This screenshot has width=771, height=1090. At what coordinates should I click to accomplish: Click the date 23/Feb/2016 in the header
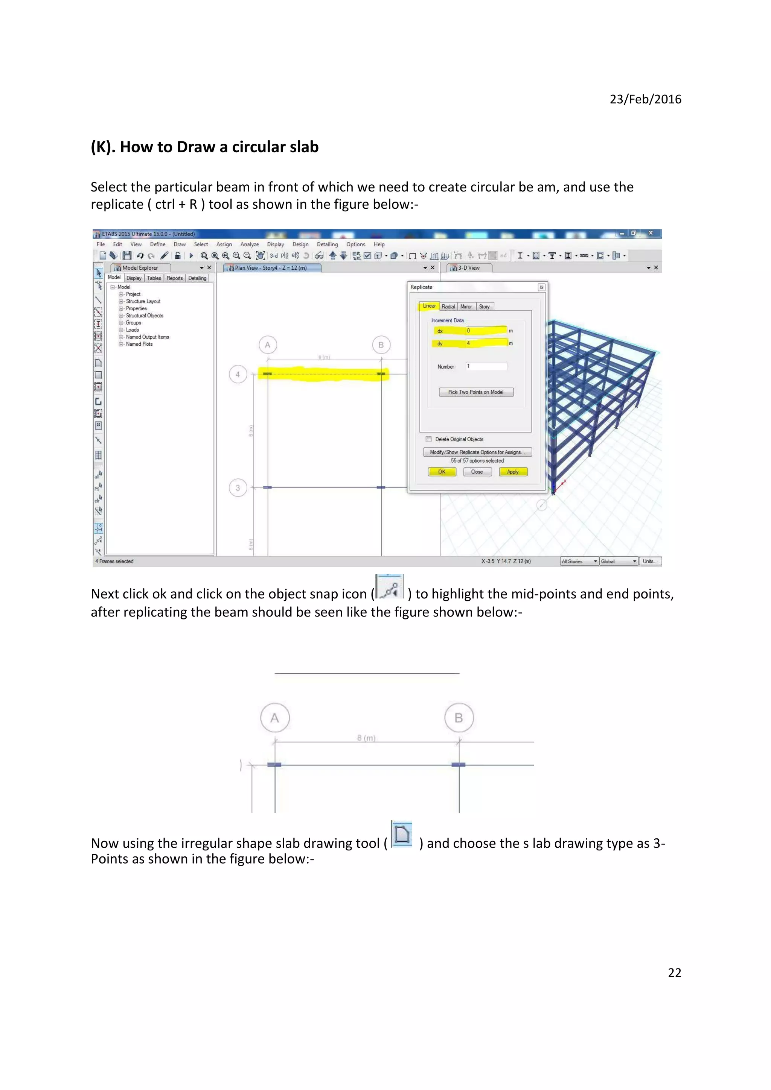(645, 99)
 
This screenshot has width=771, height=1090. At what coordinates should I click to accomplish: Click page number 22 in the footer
(674, 973)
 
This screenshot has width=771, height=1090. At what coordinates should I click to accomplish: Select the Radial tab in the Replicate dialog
(448, 307)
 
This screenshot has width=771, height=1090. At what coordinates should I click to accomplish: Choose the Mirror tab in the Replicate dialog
(466, 307)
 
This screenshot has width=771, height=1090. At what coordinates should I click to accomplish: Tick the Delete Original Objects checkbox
(428, 439)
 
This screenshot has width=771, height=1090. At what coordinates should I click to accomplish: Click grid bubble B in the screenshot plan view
(381, 345)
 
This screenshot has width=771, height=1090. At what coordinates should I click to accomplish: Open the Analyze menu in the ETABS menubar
(249, 244)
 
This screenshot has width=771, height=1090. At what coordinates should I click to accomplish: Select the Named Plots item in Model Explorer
(139, 344)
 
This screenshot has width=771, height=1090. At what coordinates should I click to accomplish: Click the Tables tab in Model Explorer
(154, 278)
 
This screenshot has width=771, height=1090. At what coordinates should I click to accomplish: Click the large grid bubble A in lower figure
(274, 718)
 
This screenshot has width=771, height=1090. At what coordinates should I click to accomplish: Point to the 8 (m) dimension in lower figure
(366, 738)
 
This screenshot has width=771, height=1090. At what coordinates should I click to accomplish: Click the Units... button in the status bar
(649, 561)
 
